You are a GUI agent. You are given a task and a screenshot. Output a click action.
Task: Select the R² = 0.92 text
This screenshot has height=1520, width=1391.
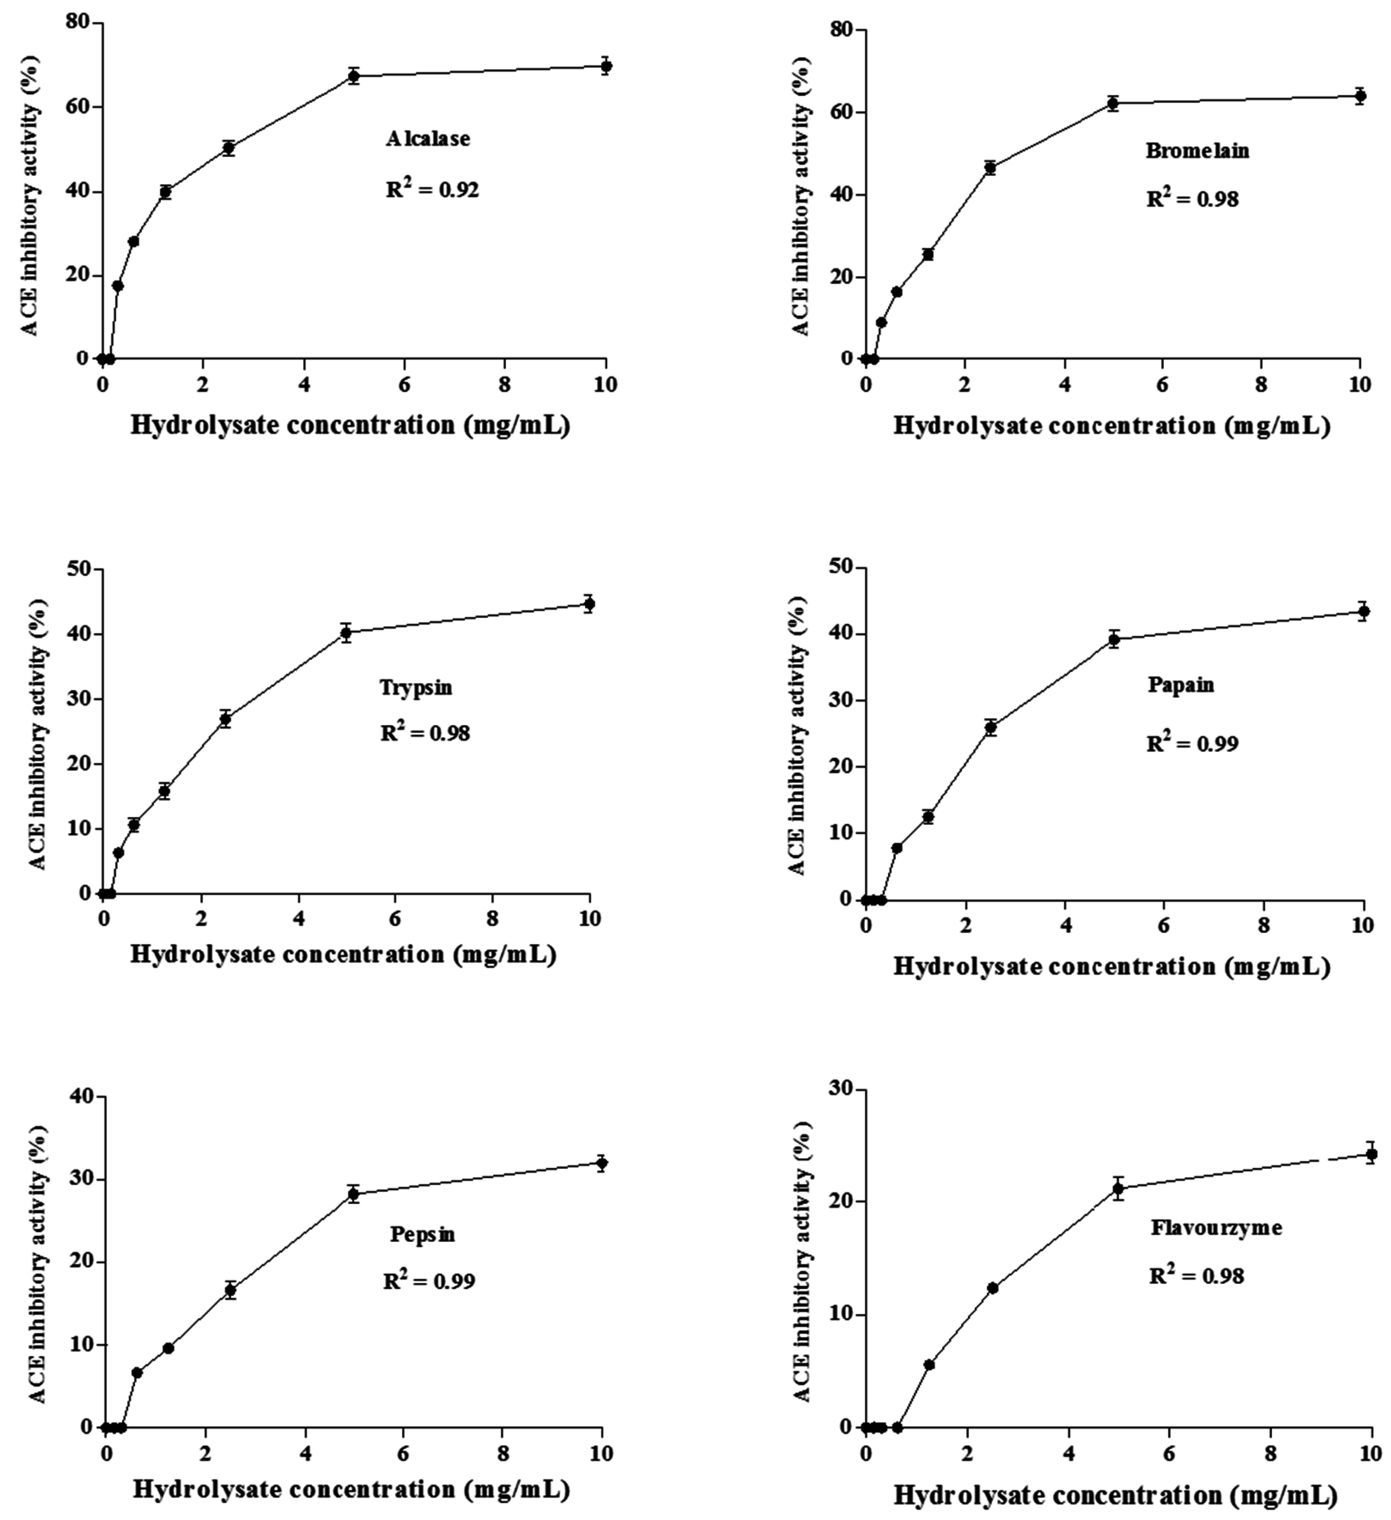(432, 189)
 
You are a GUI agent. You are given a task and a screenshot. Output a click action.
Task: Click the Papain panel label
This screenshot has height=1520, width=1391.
(1181, 685)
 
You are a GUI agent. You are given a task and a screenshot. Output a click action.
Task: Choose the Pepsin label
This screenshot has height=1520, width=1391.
(422, 1234)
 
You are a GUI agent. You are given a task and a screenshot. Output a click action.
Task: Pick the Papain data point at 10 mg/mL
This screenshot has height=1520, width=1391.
(1362, 611)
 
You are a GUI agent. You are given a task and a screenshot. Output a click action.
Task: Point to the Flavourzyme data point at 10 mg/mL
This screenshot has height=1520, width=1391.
(1371, 1153)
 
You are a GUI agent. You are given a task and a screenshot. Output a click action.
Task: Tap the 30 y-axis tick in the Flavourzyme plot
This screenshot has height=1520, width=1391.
(839, 1089)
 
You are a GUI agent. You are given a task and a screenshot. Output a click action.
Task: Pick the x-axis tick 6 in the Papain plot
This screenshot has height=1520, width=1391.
(1163, 925)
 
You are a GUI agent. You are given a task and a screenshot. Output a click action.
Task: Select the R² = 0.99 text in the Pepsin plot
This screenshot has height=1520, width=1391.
(429, 1281)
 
